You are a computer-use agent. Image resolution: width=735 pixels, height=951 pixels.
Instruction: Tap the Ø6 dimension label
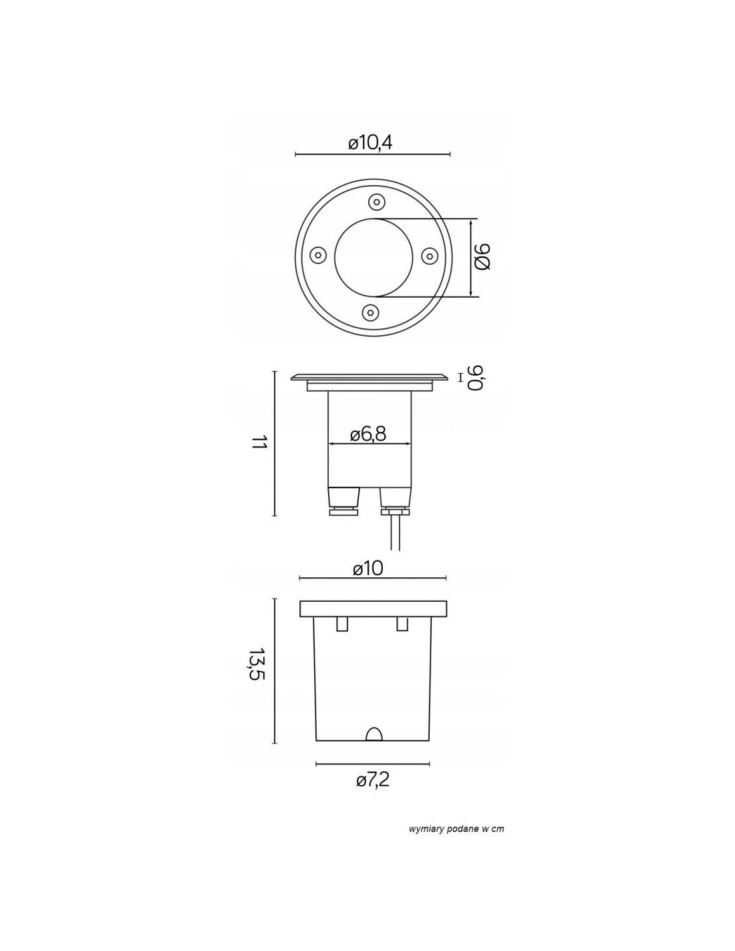(x=482, y=257)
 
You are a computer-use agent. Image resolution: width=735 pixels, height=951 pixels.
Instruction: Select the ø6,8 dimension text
(x=368, y=434)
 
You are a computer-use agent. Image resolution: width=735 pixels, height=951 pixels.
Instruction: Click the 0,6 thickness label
(x=474, y=377)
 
